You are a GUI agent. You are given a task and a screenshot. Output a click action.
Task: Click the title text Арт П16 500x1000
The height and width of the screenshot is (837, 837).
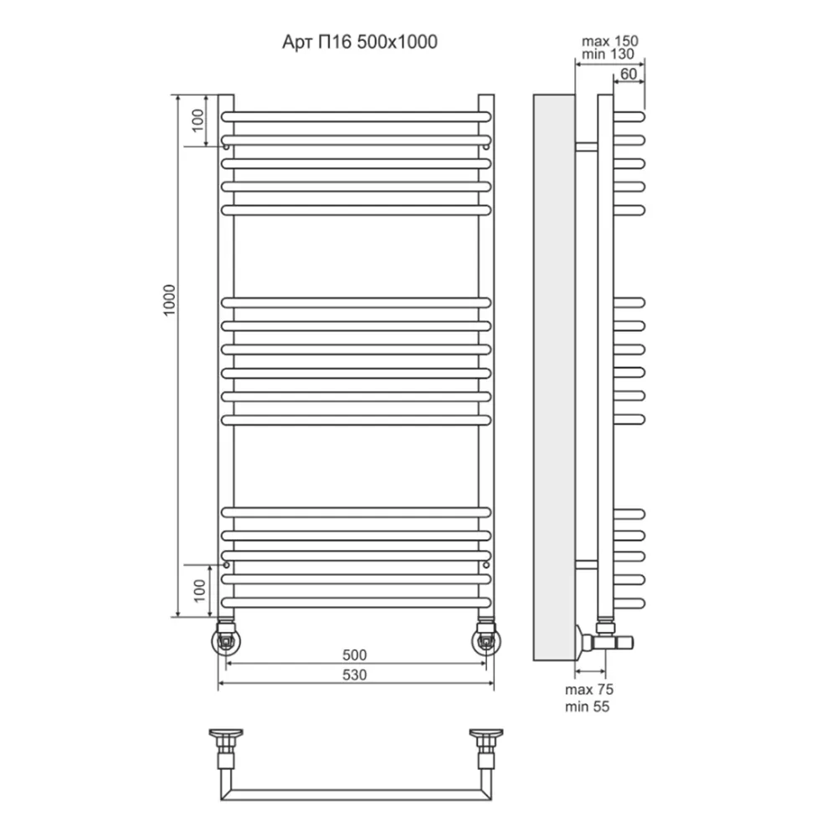click(360, 42)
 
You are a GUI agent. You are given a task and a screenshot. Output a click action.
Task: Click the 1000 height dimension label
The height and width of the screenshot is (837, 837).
click(169, 300)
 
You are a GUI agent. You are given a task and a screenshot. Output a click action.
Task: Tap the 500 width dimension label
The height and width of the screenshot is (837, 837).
click(354, 655)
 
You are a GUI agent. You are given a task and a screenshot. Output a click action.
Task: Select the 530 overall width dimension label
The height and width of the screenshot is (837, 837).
click(354, 675)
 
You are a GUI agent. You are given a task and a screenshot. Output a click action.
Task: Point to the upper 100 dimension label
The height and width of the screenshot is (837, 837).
click(198, 121)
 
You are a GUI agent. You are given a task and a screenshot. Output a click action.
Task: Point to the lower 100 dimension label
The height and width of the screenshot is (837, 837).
click(199, 591)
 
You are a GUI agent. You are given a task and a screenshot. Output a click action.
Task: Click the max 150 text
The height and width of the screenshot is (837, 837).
click(609, 40)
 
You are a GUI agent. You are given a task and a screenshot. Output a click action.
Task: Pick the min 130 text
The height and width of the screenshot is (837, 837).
click(608, 54)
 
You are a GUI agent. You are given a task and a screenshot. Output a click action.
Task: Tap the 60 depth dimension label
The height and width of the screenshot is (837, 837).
click(629, 74)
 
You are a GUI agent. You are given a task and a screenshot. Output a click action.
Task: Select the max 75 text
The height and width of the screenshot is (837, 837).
click(589, 690)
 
